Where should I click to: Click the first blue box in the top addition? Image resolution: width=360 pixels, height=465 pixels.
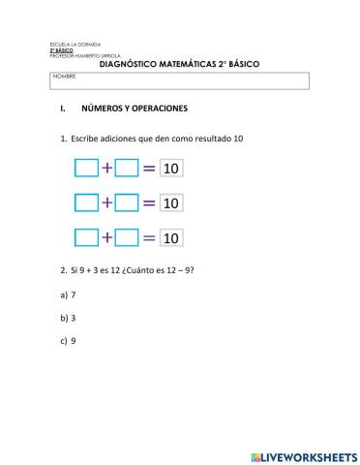pos(87,170)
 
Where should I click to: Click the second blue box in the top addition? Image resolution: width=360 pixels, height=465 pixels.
pos(127,170)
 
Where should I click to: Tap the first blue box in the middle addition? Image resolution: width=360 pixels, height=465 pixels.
pos(87,203)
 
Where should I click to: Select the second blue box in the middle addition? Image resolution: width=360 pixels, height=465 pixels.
pos(127,203)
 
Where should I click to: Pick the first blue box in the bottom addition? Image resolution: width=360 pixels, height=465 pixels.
pos(87,237)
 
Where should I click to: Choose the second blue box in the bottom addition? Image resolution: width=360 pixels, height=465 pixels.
pos(127,237)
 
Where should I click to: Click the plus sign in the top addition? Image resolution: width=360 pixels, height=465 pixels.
pos(106,170)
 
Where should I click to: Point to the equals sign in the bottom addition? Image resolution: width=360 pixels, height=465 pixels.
pos(148,237)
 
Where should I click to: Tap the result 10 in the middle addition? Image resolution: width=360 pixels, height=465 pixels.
pos(171,203)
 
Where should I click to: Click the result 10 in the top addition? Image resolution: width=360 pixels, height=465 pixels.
pos(171,170)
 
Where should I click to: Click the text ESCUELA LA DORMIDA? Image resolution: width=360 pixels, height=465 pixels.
pos(73,46)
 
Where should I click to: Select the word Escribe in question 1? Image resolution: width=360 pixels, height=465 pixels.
pos(86,139)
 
